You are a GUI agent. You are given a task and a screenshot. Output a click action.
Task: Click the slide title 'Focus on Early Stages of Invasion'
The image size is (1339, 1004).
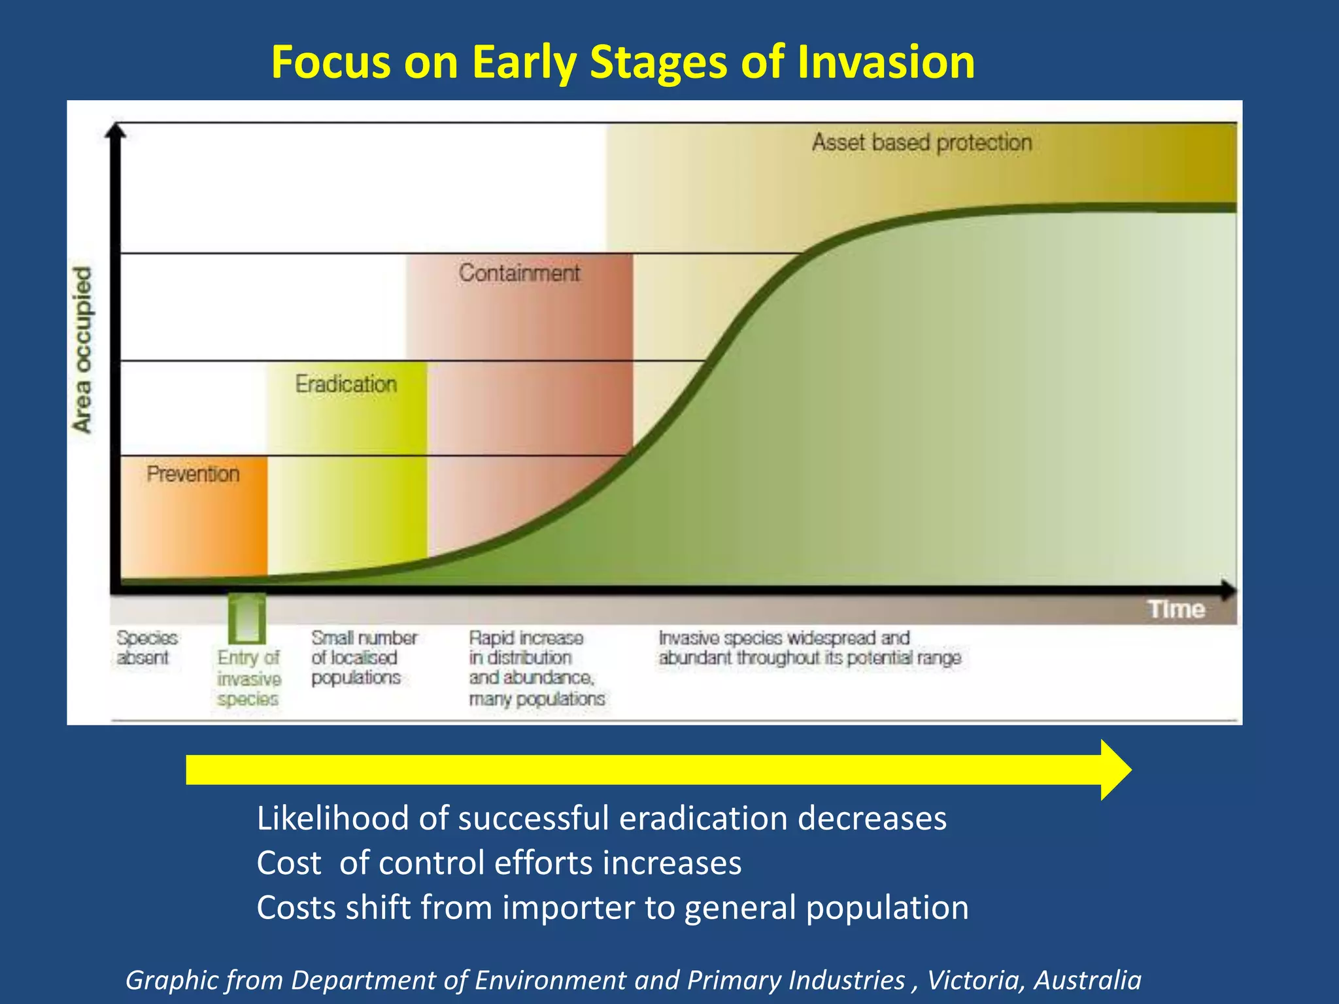[x=622, y=62]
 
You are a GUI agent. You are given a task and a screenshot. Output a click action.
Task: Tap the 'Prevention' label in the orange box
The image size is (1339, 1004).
[x=193, y=473]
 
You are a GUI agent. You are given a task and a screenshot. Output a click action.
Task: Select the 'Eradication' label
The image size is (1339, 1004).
[x=346, y=384]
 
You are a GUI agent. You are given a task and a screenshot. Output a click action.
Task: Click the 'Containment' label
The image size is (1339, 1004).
[x=518, y=273]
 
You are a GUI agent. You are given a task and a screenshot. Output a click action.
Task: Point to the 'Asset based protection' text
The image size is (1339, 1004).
[x=921, y=142]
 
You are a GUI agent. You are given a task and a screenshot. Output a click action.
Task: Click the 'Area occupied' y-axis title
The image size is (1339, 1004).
[x=82, y=349]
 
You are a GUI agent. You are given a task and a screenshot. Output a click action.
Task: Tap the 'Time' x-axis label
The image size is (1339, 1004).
[x=1176, y=609]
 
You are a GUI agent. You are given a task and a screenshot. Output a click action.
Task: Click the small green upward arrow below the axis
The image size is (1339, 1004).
[x=246, y=618]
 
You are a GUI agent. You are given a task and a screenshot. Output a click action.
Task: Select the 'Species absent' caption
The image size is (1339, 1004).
[x=146, y=648]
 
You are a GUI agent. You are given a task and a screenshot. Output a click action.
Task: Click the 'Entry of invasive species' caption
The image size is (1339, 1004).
[x=248, y=678]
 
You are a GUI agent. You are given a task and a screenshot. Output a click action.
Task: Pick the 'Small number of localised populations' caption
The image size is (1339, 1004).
[x=364, y=658]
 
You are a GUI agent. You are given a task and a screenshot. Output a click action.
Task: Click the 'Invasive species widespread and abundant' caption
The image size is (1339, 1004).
[x=809, y=648]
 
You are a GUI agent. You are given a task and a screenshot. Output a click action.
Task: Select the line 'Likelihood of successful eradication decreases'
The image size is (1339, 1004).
[x=601, y=818]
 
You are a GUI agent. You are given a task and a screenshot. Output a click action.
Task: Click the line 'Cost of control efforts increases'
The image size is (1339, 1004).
[x=499, y=863]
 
